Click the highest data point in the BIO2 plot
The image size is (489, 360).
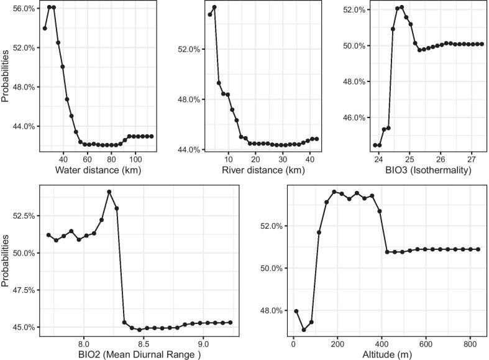109,192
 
